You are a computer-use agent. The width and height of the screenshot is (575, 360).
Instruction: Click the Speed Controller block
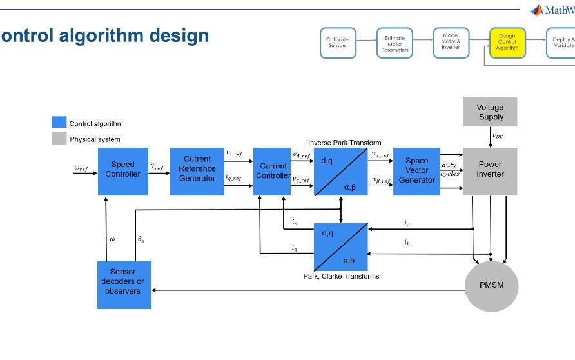pos(122,171)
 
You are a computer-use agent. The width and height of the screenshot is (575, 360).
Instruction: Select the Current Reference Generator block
pos(197,171)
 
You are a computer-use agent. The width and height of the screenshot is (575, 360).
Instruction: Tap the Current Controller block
pos(272,171)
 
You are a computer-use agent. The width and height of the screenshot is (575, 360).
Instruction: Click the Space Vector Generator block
pos(416,171)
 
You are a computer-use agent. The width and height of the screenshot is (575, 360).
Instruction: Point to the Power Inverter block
pos(490,171)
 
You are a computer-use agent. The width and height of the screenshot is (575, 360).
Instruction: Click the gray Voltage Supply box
pos(490,112)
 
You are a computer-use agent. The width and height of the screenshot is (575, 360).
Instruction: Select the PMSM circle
pos(491,285)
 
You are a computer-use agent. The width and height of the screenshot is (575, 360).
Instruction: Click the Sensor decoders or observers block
pos(124,284)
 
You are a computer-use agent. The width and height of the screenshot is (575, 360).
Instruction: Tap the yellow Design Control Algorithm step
pos(507,43)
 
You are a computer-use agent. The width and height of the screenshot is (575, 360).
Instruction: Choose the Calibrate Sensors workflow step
pos(338,43)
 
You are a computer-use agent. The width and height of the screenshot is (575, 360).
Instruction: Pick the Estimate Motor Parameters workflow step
pos(395,43)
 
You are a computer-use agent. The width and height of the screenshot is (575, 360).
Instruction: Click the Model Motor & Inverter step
pos(451,42)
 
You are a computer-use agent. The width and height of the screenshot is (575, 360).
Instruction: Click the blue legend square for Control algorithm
pos(59,123)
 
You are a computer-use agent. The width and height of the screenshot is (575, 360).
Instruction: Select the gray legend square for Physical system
pos(59,138)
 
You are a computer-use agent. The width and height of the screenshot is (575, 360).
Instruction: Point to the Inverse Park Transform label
pos(344,143)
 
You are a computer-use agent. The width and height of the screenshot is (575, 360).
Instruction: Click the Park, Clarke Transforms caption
pos(341,276)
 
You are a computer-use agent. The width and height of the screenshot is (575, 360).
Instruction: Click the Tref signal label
pos(157,167)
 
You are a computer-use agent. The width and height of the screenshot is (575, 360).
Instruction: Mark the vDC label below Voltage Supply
pos(498,135)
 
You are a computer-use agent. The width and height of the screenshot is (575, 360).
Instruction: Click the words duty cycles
pos(449,170)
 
